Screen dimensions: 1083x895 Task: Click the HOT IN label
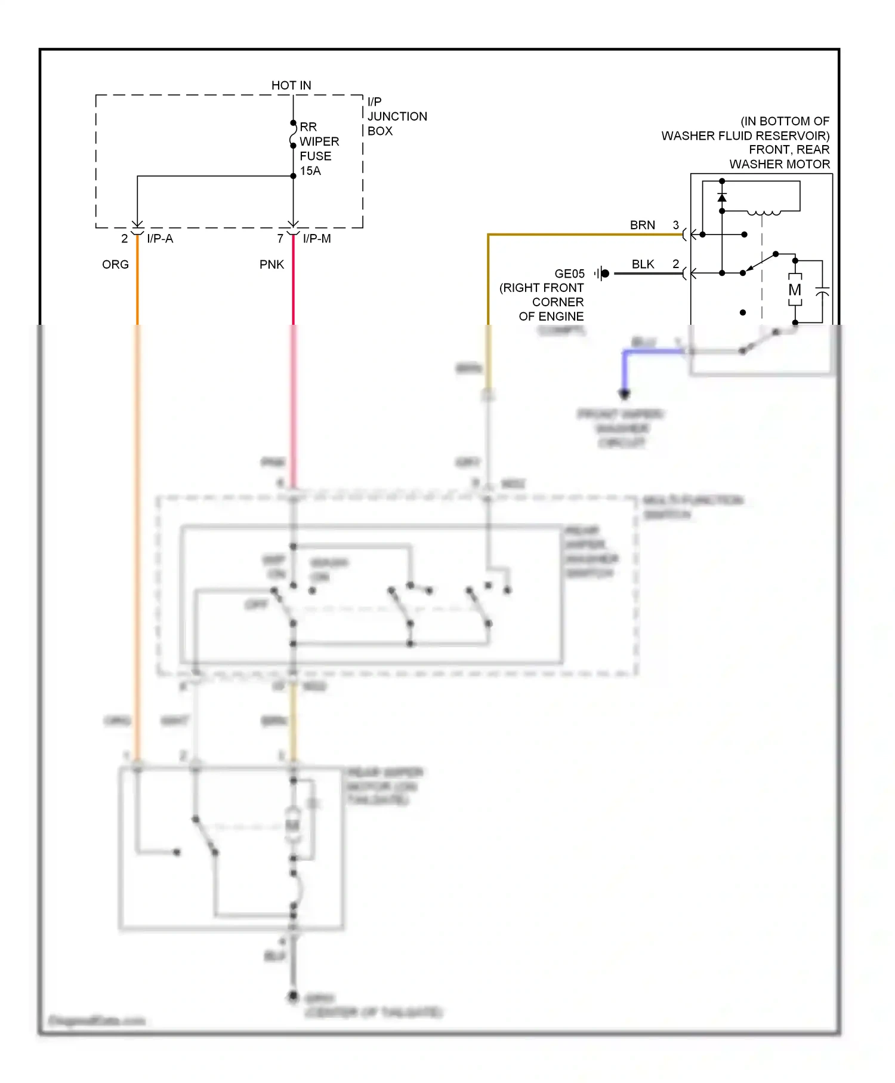[x=291, y=85]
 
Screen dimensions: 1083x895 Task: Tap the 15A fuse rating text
[x=310, y=171]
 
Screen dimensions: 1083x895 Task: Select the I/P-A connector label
[x=160, y=239]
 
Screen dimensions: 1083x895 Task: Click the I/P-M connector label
[x=317, y=239]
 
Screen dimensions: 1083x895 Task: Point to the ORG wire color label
[x=115, y=264]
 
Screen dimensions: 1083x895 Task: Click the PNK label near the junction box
[x=271, y=264]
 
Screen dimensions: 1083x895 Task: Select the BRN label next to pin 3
[x=642, y=225]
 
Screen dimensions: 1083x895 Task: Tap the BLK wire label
[x=643, y=264]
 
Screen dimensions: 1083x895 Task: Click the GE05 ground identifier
[x=569, y=273]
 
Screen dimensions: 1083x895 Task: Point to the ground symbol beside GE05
[x=602, y=273]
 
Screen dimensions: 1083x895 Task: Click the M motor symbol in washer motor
[x=795, y=290]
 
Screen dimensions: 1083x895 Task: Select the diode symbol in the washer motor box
[x=722, y=198]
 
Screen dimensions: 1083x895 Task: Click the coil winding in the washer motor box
[x=764, y=212]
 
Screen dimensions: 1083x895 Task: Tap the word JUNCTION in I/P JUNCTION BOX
[x=397, y=116]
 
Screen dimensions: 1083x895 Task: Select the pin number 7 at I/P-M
[x=280, y=239]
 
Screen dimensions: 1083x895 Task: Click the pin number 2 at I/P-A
[x=124, y=239]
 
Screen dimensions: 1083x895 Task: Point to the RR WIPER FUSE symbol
[x=293, y=135]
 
